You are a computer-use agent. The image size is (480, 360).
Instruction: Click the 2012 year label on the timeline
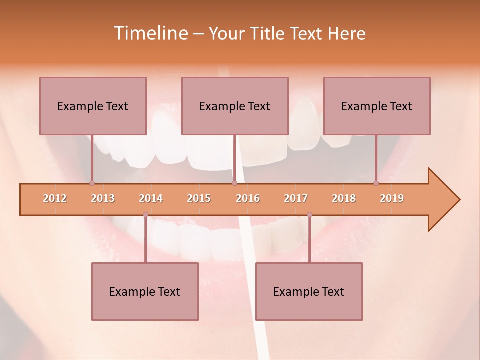(x=55, y=198)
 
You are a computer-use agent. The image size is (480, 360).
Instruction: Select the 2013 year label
(x=103, y=198)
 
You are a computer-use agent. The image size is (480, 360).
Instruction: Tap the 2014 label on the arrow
(x=151, y=198)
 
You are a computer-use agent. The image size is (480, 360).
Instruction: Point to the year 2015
(x=199, y=198)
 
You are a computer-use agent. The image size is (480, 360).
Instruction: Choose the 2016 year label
(x=248, y=198)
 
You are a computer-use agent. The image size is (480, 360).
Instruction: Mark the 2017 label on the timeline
(x=296, y=198)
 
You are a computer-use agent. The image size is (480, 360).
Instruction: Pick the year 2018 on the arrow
(x=344, y=198)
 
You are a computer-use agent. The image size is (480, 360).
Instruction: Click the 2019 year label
(x=392, y=198)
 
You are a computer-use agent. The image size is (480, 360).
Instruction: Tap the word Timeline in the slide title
(x=150, y=33)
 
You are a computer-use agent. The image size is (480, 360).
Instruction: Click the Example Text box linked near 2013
(x=93, y=106)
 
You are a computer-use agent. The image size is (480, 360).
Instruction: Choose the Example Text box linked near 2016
(x=235, y=106)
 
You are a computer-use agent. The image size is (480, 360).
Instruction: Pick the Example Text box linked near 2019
(x=377, y=106)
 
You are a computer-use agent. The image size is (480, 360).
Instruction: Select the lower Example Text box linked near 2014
(x=145, y=291)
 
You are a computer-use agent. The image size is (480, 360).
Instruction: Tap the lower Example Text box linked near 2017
(x=309, y=291)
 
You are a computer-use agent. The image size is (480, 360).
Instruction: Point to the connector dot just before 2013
(x=92, y=183)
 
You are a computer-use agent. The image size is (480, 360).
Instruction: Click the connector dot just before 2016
(x=234, y=183)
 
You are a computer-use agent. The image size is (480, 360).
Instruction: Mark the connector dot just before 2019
(x=376, y=183)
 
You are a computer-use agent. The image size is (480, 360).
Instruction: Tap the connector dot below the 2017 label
(x=309, y=215)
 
